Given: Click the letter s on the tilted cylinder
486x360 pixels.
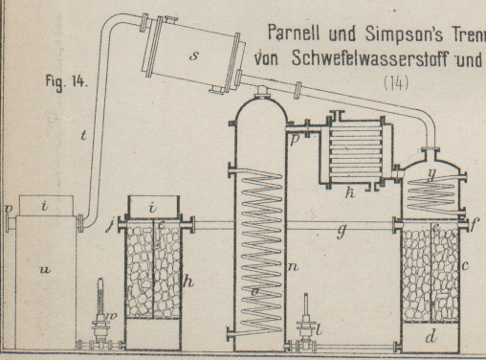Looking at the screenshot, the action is [193, 56].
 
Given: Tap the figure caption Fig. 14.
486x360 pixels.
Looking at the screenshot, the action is [66, 81].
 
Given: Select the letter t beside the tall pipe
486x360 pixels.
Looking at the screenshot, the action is [83, 135].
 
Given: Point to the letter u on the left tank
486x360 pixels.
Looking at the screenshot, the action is [45, 270].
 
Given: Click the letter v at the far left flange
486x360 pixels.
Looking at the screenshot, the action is [9, 209].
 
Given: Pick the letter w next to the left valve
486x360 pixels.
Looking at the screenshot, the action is [113, 316].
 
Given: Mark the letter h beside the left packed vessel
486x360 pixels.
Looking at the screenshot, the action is [188, 281].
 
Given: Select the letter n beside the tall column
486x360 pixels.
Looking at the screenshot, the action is [293, 266].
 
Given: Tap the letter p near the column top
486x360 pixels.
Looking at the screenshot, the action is [295, 141].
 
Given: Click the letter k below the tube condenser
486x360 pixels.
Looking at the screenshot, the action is [350, 192].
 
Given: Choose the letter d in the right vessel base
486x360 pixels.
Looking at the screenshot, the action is [431, 336].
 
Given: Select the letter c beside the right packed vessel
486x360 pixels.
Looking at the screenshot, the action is [465, 265].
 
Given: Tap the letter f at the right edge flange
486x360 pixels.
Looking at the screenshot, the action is [475, 225].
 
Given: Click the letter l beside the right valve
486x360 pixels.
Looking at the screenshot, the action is [320, 330].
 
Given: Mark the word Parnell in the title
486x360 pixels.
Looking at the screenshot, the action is [294, 33].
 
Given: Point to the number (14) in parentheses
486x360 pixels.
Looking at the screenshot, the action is [396, 83].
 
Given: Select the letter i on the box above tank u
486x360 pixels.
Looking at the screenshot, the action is [45, 206].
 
